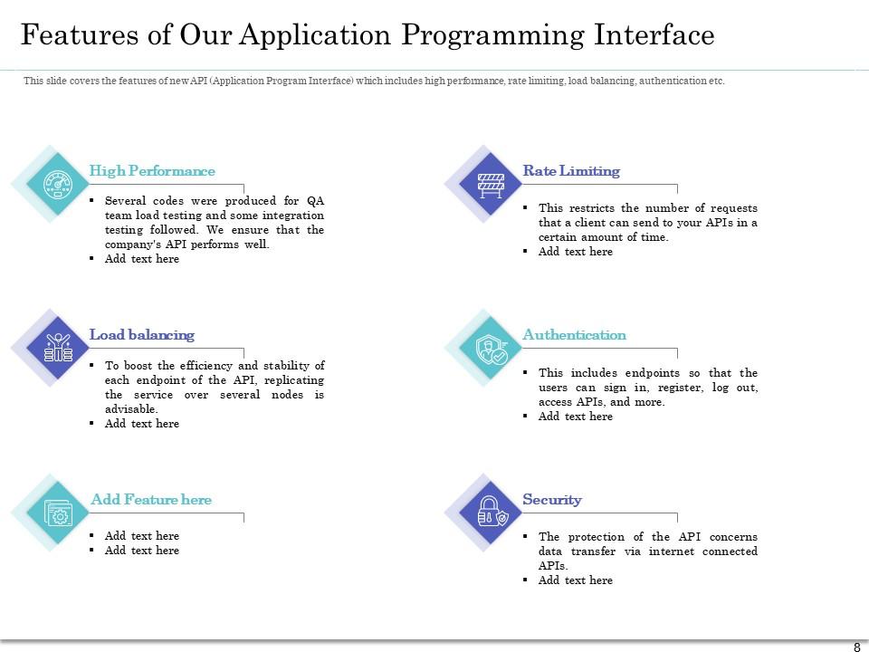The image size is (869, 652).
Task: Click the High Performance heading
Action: click(x=152, y=171)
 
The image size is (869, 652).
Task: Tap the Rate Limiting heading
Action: click(x=571, y=171)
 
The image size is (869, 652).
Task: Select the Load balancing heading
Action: click(x=142, y=335)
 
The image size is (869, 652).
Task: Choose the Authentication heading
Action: click(x=574, y=335)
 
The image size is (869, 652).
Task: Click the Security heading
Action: click(x=552, y=500)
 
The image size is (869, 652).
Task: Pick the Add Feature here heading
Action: click(x=151, y=500)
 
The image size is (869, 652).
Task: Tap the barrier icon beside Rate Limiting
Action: click(x=490, y=184)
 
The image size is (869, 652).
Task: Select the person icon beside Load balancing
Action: click(x=58, y=348)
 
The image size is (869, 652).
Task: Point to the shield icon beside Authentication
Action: click(x=492, y=348)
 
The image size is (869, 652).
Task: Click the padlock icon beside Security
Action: click(x=490, y=513)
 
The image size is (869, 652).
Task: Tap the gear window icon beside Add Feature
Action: click(x=58, y=513)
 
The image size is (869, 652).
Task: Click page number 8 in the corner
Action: click(x=856, y=647)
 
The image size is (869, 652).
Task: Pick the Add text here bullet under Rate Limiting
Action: click(x=576, y=252)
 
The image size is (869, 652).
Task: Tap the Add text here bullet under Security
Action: click(x=576, y=580)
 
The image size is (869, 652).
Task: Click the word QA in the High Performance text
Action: click(x=315, y=201)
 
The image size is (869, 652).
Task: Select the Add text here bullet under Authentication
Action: click(x=576, y=417)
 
